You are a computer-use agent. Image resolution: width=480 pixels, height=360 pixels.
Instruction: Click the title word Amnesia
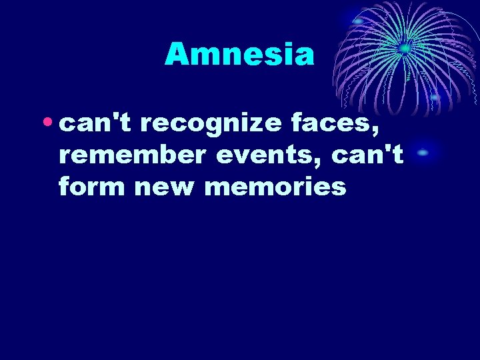point(239,54)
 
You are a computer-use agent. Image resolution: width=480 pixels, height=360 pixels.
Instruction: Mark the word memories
point(275,187)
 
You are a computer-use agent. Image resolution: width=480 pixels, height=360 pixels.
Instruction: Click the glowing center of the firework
point(403,48)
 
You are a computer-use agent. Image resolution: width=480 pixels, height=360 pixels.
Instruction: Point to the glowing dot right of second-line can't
point(423,153)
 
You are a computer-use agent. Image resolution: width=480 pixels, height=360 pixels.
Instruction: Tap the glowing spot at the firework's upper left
point(358,21)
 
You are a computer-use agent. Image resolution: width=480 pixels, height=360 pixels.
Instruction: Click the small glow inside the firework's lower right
point(435,97)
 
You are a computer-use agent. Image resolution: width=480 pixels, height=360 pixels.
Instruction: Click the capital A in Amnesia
point(177,54)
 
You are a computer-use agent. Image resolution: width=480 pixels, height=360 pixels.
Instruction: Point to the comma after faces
point(385,130)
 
